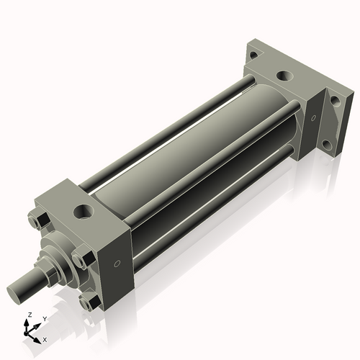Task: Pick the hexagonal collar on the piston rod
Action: (x=50, y=273)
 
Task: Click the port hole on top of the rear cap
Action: (x=287, y=75)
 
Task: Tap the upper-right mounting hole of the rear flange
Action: (x=333, y=100)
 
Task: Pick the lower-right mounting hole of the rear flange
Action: (x=327, y=145)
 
